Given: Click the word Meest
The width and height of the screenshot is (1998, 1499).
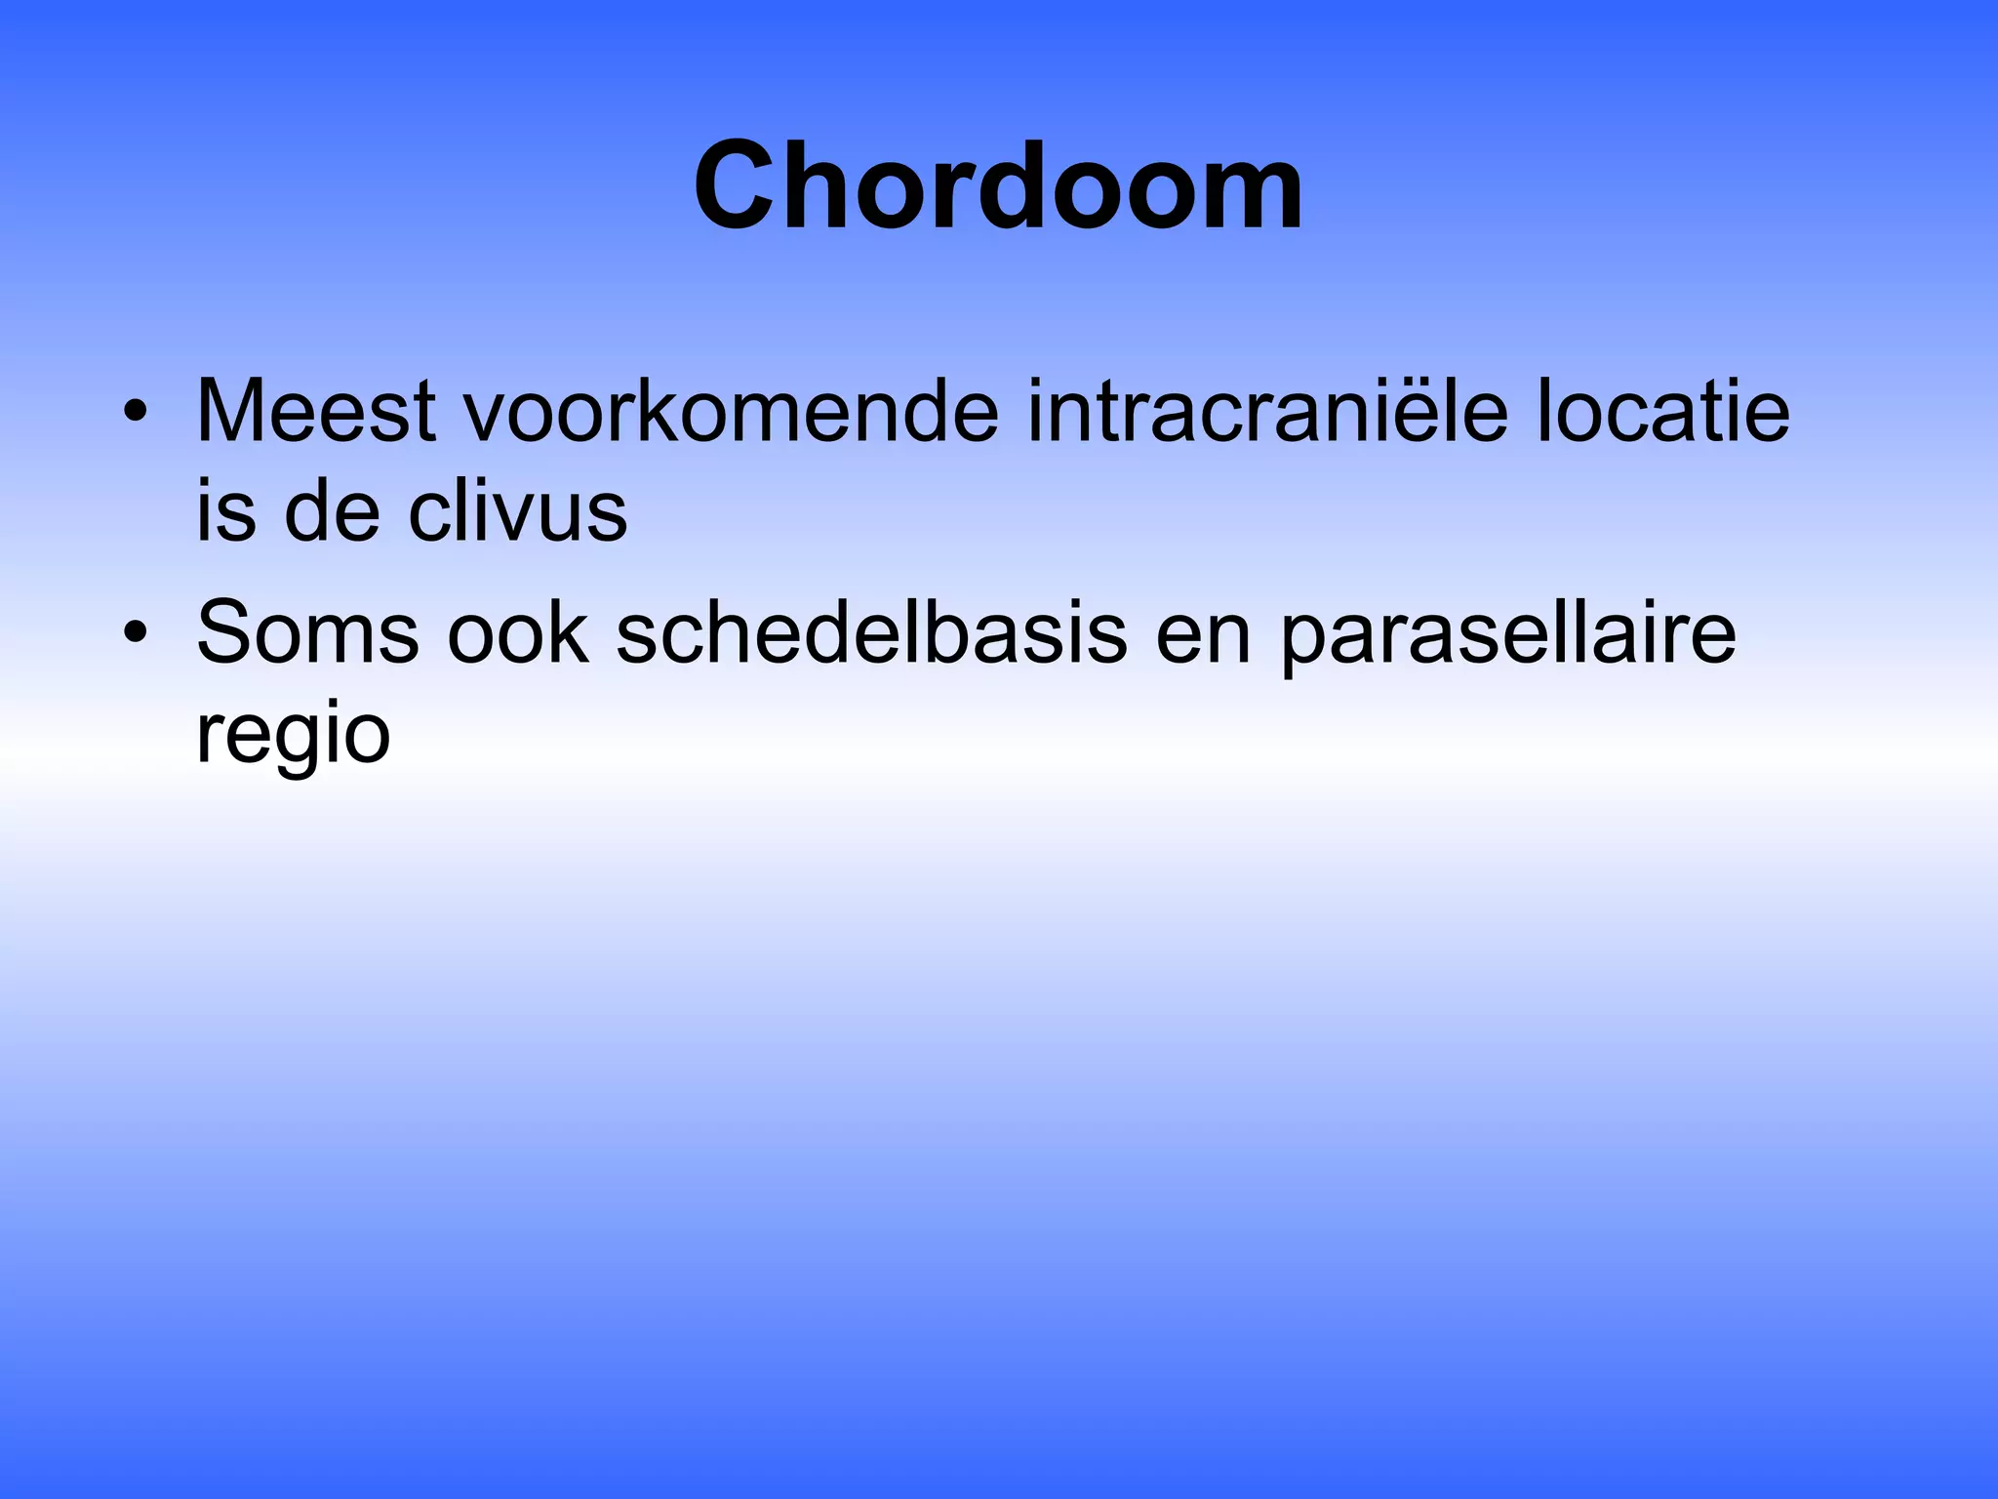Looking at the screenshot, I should [x=315, y=411].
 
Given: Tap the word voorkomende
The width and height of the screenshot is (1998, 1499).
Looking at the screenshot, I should [x=731, y=411].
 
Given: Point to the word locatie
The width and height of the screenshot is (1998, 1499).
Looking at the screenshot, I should [x=1662, y=411].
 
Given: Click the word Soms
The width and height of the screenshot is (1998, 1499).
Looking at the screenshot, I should [x=307, y=633].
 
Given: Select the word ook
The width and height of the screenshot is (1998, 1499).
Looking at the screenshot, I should [x=518, y=633].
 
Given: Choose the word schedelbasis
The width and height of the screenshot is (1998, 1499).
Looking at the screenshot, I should [x=871, y=633].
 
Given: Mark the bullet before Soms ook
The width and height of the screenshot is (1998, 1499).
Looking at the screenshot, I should [x=136, y=633].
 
